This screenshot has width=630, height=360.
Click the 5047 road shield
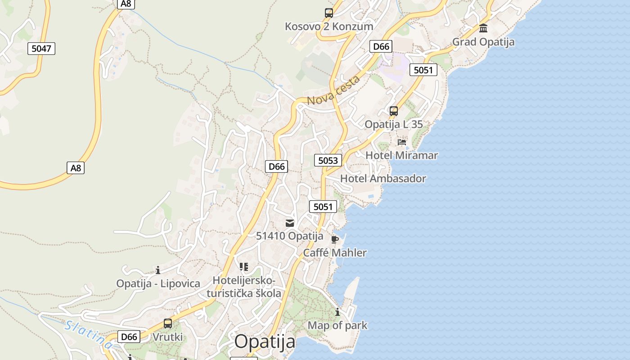click(41, 48)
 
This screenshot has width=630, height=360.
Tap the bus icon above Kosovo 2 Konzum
click(329, 13)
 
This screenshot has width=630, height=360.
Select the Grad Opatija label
click(483, 42)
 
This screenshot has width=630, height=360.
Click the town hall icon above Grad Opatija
click(483, 28)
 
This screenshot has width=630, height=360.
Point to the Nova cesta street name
click(334, 90)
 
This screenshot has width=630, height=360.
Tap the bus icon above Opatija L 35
click(394, 111)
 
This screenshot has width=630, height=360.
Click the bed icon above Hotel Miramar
click(402, 142)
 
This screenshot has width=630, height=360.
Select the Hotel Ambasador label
click(383, 179)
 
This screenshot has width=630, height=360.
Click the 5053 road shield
click(328, 160)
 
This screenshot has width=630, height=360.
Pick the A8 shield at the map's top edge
click(126, 4)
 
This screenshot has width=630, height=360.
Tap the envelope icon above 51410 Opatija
click(290, 223)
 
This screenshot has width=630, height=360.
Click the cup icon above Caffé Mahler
click(334, 239)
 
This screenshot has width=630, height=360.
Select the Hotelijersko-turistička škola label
click(244, 287)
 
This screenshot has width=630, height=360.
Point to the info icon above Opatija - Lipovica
click(158, 270)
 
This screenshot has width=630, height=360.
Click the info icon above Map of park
click(337, 312)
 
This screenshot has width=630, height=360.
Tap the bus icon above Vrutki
click(168, 323)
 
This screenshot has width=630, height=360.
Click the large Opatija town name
click(265, 342)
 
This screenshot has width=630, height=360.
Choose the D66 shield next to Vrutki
click(129, 337)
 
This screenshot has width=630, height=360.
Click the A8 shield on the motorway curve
click(76, 168)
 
